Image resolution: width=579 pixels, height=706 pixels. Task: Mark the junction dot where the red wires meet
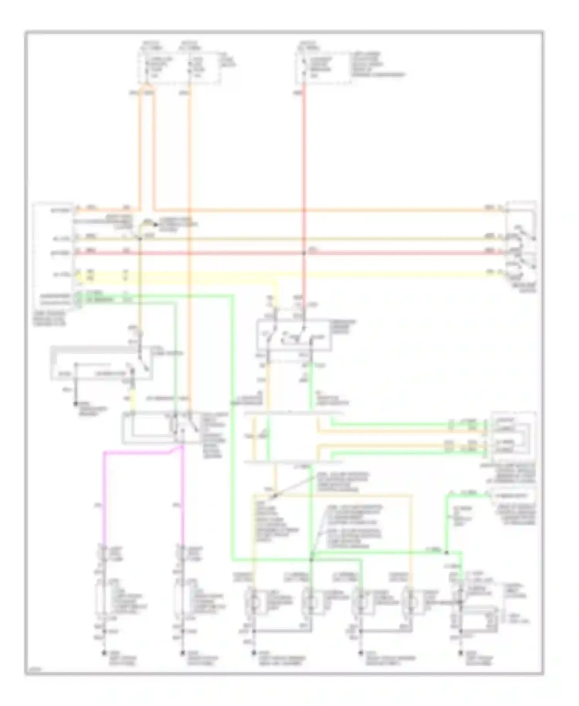304,253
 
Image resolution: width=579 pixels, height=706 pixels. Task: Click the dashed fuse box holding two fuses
179,68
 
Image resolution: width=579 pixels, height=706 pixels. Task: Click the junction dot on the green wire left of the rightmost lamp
446,553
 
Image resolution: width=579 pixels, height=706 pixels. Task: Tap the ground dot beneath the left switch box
76,404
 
